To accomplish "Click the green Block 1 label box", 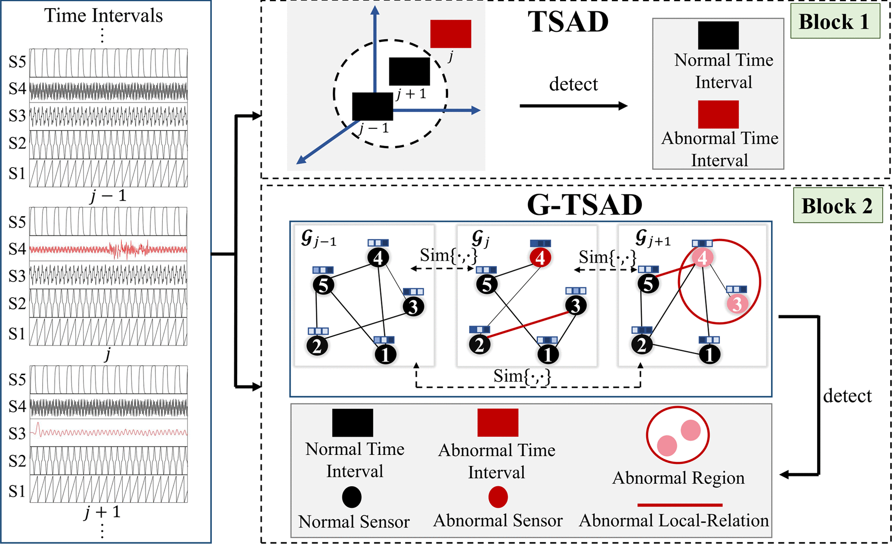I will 835,22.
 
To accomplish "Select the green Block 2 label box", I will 837,206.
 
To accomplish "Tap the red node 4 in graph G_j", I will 540,258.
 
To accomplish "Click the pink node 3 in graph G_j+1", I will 737,304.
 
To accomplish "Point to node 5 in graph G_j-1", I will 324,285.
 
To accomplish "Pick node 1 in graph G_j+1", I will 709,354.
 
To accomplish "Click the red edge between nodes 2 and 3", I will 527,325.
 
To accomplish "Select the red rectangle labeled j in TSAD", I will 451,34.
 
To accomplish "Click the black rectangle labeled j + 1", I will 409,71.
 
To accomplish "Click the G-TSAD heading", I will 584,205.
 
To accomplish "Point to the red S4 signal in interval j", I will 109,250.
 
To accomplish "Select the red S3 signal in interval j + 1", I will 109,433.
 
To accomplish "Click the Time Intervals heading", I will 104,16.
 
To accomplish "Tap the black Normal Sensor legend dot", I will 352,497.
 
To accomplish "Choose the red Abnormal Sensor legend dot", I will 498,497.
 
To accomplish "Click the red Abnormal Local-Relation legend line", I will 680,505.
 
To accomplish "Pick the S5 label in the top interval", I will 17,62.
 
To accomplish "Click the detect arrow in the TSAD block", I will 573,106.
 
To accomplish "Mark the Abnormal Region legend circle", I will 678,435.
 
